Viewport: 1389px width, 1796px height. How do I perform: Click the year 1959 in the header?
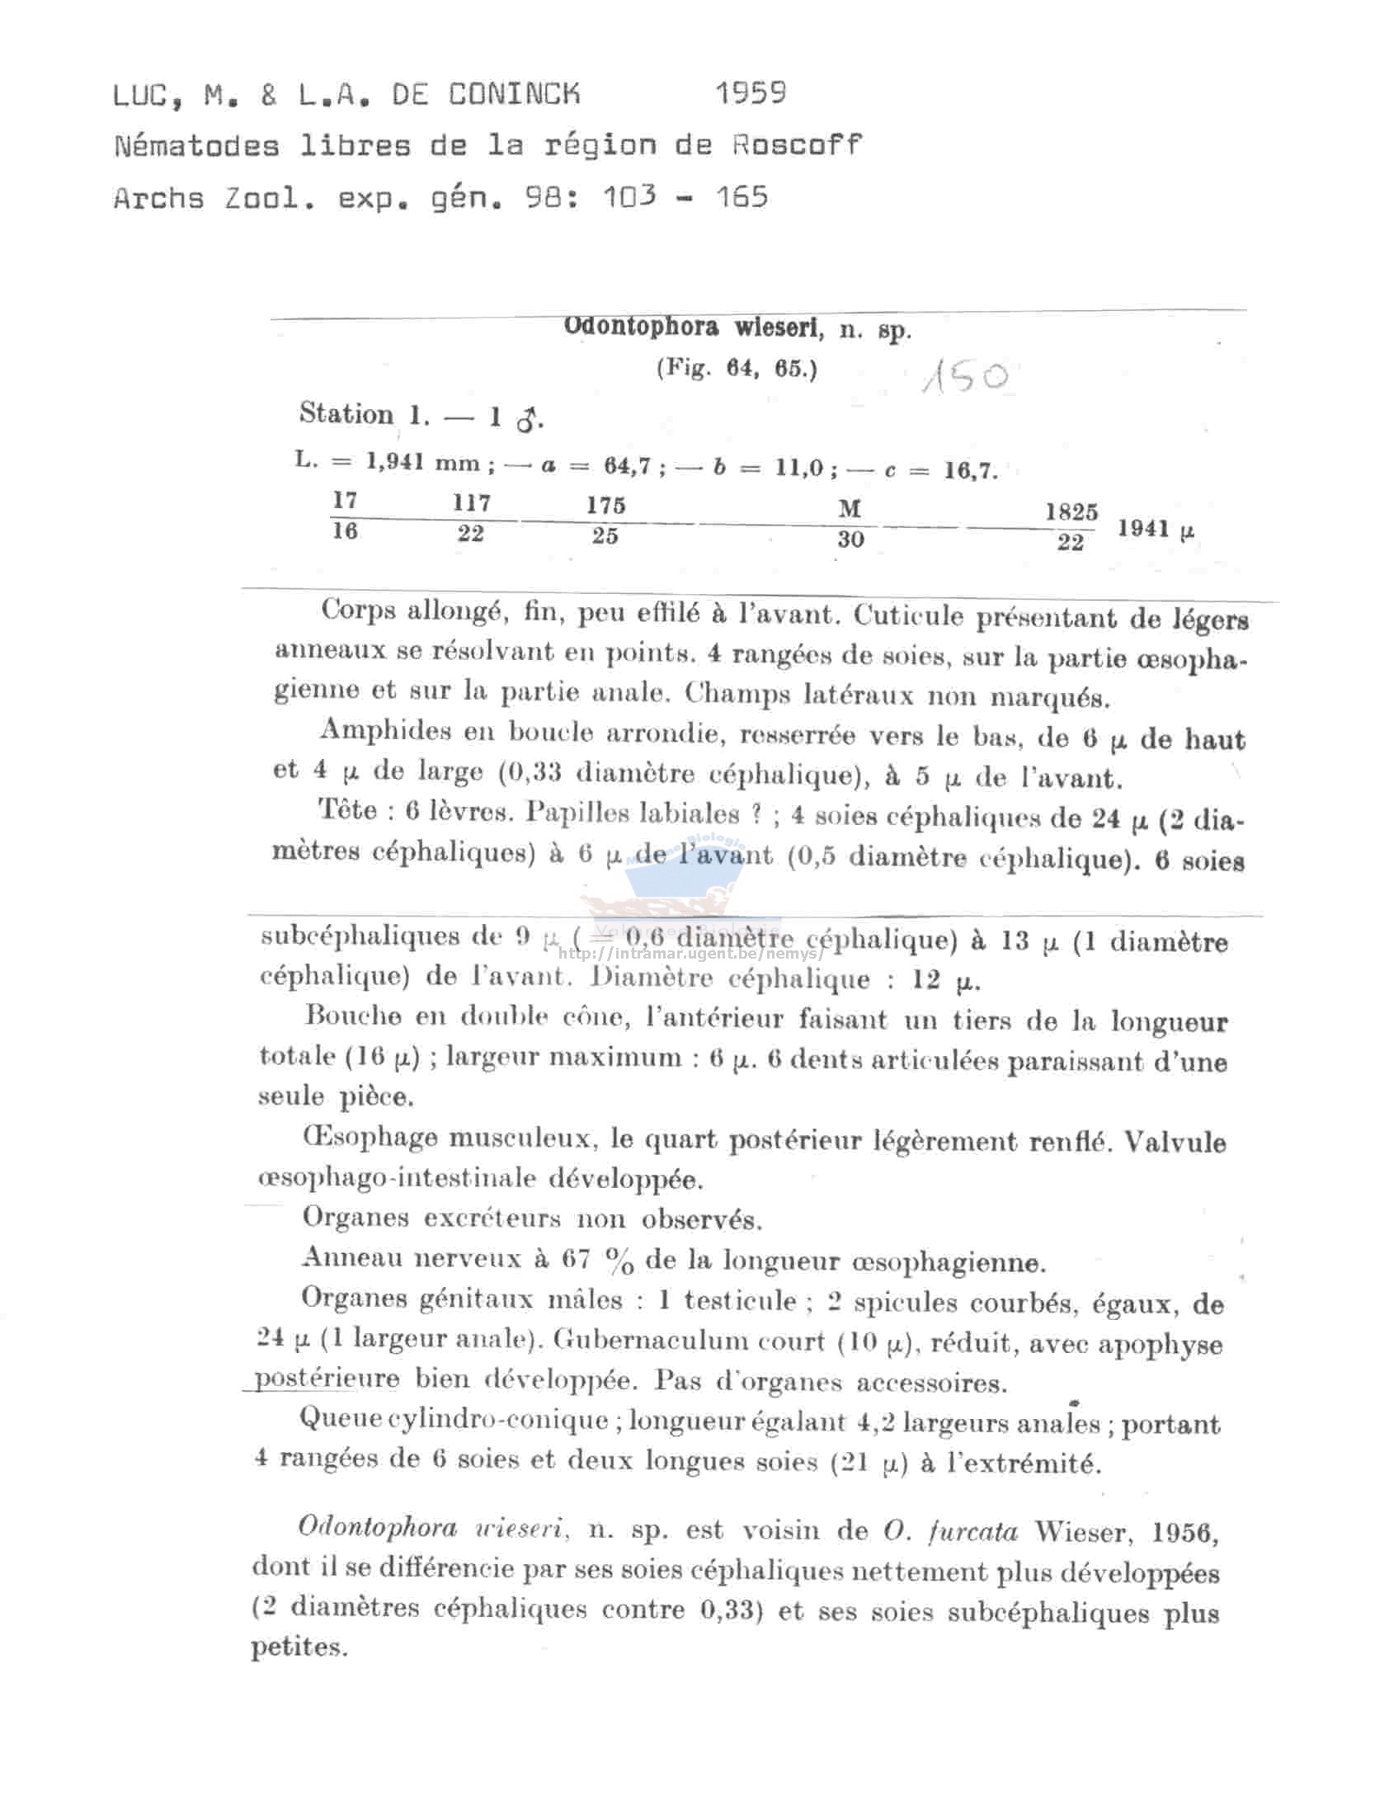(x=750, y=93)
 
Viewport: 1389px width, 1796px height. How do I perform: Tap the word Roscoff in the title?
(x=797, y=146)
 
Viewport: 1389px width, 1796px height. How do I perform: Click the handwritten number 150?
(x=964, y=377)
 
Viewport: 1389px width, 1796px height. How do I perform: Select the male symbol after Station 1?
(x=526, y=420)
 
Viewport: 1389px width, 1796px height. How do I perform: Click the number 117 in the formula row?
(x=471, y=502)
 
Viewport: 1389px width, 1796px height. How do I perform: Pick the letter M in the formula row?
(x=850, y=508)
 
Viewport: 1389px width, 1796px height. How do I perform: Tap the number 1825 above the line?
(x=1071, y=511)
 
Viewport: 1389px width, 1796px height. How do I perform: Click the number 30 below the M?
(x=850, y=540)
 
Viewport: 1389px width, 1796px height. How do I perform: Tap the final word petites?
(x=297, y=1648)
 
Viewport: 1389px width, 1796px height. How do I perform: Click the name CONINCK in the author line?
(x=514, y=95)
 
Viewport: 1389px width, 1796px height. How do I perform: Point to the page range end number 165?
(x=742, y=197)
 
